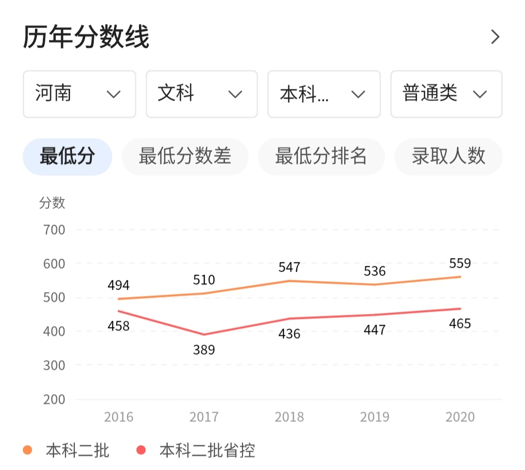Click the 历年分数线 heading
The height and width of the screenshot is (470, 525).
(86, 37)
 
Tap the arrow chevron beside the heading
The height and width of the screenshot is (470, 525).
(495, 37)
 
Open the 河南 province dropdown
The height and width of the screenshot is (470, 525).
(79, 94)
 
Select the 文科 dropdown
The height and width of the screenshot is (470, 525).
(201, 94)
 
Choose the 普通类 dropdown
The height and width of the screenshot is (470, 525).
(446, 94)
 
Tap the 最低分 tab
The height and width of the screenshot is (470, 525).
(68, 157)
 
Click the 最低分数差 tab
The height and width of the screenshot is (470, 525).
(185, 157)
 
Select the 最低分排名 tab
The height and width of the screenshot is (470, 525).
(321, 157)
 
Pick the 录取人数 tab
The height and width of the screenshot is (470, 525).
(448, 157)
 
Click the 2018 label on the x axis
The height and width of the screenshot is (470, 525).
(289, 417)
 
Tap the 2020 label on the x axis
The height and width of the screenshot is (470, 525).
(460, 417)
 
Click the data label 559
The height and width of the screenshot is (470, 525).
(460, 264)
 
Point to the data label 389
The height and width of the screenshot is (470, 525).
(204, 350)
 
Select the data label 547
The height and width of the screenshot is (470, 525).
(289, 268)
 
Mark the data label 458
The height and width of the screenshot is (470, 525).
(119, 326)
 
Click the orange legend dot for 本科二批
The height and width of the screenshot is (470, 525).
(28, 451)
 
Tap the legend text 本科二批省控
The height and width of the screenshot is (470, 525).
(207, 451)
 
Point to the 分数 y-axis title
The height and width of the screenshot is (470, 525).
(52, 203)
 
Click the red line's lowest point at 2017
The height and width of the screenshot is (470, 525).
(204, 335)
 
